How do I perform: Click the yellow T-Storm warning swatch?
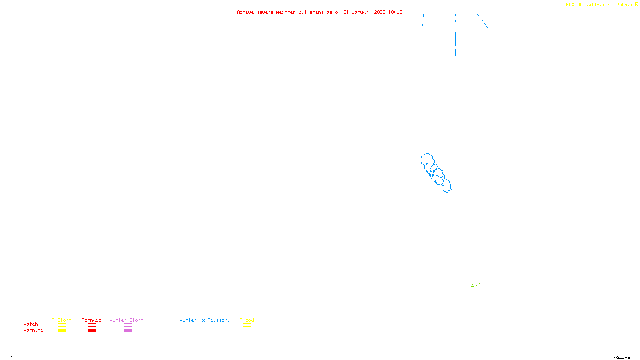point(62,331)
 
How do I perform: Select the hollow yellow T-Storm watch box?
point(62,325)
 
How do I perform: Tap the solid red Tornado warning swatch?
point(92,331)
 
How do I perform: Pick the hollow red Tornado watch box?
point(92,325)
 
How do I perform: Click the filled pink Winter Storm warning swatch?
point(128,331)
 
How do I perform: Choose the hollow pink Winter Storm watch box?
point(128,325)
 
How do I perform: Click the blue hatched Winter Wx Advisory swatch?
point(204,331)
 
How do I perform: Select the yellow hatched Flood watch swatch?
point(247,325)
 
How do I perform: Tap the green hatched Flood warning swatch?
point(247,331)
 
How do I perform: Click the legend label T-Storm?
point(62,320)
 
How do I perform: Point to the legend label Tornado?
point(92,320)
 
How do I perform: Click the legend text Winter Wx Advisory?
point(205,320)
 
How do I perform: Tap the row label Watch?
point(31,324)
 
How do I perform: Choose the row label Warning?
point(34,330)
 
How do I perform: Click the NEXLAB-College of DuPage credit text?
point(600,5)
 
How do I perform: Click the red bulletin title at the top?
point(320,12)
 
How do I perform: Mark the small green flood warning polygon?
point(475,285)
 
